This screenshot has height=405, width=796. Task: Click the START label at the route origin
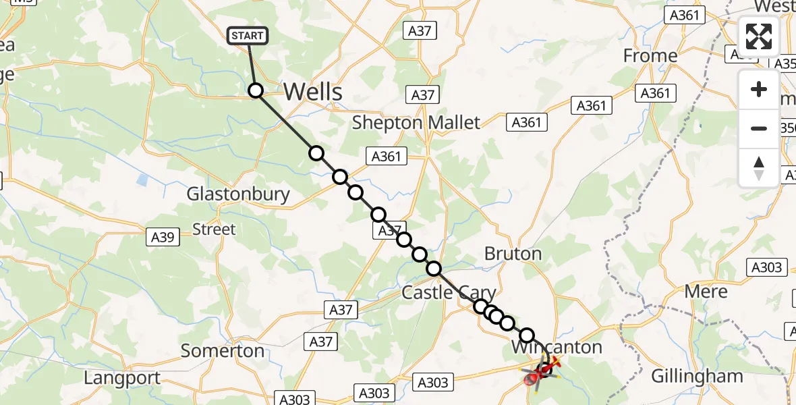tap(249, 36)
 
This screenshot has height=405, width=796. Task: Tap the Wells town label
tap(313, 92)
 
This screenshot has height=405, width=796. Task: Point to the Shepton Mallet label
tap(416, 123)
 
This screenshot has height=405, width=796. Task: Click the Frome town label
tap(650, 55)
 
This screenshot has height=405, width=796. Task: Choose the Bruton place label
tap(513, 254)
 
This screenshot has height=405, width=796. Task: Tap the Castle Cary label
tap(449, 293)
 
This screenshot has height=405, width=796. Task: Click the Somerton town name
tap(223, 351)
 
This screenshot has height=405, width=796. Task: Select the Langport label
tap(123, 378)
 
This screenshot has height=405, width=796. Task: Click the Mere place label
tap(706, 292)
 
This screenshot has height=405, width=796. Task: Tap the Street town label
tap(215, 230)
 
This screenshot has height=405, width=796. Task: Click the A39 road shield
tap(163, 237)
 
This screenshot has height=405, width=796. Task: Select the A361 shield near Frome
tap(655, 93)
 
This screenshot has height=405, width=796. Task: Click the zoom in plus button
tap(759, 90)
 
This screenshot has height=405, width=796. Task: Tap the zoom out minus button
tap(759, 128)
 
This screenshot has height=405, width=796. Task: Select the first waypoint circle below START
tap(256, 90)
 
